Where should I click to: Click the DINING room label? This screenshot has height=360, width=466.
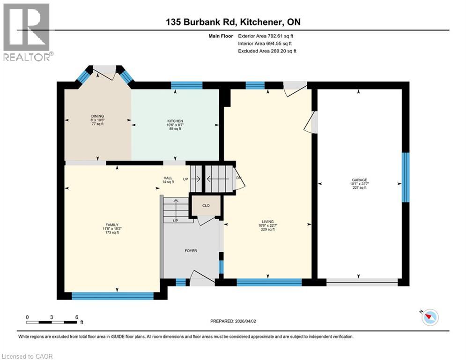click(98, 116)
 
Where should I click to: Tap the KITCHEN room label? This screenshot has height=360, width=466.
click(175, 121)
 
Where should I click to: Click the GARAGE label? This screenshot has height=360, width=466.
click(359, 180)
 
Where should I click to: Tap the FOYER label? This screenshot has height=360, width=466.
click(191, 251)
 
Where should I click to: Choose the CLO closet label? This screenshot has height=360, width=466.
click(205, 206)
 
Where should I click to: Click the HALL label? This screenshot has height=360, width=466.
click(168, 178)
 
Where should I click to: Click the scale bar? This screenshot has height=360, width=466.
click(52, 322)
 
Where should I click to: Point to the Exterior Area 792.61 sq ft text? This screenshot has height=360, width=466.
click(266, 36)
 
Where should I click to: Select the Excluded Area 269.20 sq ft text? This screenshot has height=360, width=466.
click(267, 51)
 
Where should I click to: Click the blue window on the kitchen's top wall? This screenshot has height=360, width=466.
click(186, 85)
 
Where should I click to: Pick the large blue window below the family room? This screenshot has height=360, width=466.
click(112, 296)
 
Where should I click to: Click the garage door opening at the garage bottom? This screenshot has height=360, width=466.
click(362, 282)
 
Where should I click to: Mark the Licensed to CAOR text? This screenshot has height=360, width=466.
click(28, 356)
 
